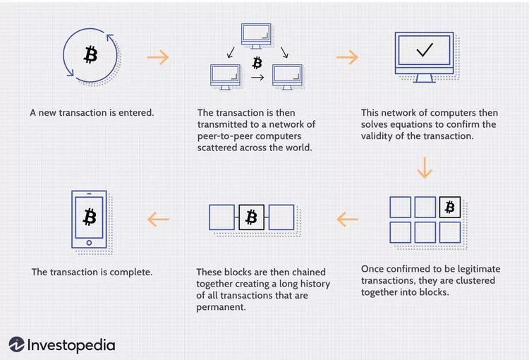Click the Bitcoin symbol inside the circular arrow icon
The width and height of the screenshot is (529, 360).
tap(90, 54)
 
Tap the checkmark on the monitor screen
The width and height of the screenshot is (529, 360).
tap(425, 51)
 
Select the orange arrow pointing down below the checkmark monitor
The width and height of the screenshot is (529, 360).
tap(425, 168)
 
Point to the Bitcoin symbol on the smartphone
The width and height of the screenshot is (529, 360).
tap(90, 215)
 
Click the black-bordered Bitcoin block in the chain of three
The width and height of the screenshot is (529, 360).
tap(251, 217)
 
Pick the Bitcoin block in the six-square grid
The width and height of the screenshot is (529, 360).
tap(449, 207)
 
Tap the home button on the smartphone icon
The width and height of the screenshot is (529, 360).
tap(90, 242)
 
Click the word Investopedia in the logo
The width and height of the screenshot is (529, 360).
tap(71, 345)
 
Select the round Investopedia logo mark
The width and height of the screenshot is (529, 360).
tap(17, 344)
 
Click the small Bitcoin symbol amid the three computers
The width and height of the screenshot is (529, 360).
tap(257, 62)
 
